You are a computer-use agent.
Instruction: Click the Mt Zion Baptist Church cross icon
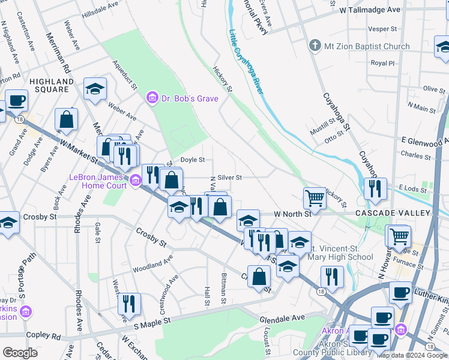[314, 46]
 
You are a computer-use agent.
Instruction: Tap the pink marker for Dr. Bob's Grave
[152, 97]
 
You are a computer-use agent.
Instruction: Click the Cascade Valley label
[400, 213]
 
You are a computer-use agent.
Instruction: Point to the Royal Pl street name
[382, 62]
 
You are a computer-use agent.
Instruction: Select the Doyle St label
[193, 160]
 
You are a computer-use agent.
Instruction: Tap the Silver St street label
[229, 178]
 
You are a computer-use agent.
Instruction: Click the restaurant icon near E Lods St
[375, 188]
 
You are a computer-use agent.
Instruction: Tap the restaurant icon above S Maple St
[128, 304]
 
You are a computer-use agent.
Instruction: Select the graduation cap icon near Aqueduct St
[95, 89]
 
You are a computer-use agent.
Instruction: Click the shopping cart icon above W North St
[315, 197]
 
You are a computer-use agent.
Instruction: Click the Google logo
[20, 353]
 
